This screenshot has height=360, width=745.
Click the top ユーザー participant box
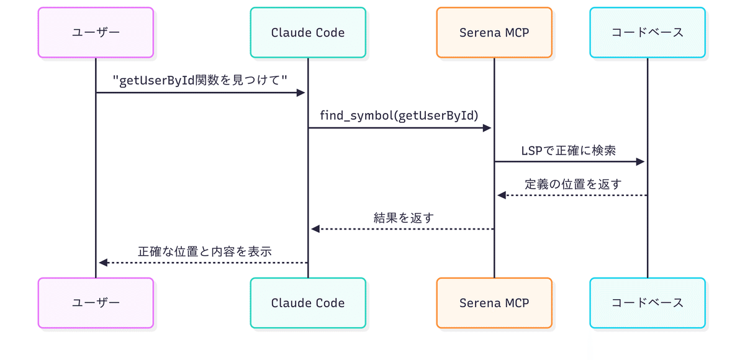pos(96,32)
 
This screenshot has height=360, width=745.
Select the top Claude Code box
pos(308,32)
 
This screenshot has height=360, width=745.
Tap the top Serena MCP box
pos(494,32)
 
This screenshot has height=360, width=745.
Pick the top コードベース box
pos(648,32)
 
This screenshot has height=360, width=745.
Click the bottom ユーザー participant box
pos(96,303)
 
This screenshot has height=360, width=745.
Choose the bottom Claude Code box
pos(308,303)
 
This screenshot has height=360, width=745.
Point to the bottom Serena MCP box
pos(494,303)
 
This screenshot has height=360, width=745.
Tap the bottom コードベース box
pos(648,303)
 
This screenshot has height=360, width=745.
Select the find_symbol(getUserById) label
pos(399,115)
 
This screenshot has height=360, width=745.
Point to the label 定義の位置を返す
pos(572,184)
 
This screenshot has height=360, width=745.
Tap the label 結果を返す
pos(404,217)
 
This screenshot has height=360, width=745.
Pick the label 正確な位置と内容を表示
pos(205,251)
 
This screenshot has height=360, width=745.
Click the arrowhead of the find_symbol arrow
pos(487,128)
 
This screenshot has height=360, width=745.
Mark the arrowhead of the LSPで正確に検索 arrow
pos(641,161)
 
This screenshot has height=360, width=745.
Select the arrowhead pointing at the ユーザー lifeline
pos(103,263)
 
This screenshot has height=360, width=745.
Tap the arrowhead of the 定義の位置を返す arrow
pos(502,196)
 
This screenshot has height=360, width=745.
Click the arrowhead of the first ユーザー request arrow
pos(301,92)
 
